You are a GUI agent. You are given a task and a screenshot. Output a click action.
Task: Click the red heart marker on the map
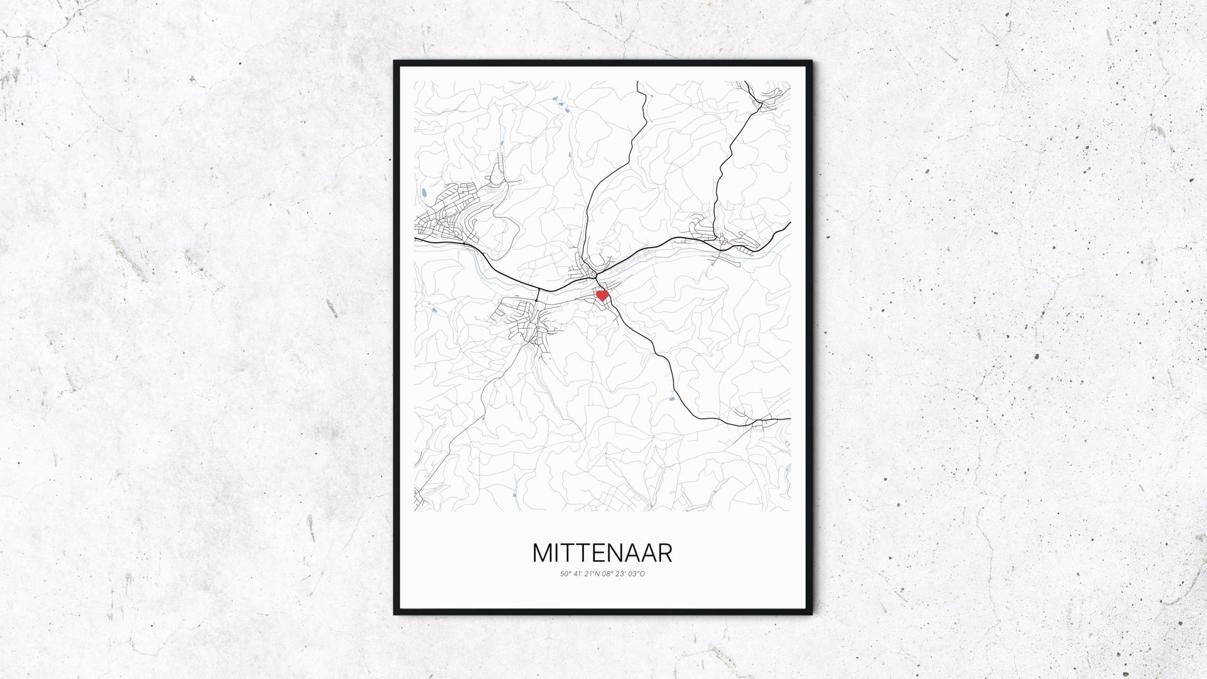tap(602, 295)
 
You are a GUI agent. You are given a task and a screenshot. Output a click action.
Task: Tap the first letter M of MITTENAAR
tap(544, 553)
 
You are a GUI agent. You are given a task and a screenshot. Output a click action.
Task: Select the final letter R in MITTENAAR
tap(664, 553)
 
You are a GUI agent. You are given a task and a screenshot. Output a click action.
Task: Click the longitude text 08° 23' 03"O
tap(623, 573)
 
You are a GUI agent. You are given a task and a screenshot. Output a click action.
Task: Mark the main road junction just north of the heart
tap(596, 275)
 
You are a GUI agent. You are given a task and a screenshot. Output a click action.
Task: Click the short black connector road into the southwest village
tap(539, 296)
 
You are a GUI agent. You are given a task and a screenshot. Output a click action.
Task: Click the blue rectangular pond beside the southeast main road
tap(673, 397)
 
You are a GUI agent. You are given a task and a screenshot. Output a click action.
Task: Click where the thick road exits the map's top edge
tap(638, 82)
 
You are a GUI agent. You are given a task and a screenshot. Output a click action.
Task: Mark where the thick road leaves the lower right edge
tap(789, 418)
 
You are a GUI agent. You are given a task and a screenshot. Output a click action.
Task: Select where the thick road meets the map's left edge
tap(416, 239)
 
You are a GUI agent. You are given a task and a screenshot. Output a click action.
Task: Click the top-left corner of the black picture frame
tap(395, 62)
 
